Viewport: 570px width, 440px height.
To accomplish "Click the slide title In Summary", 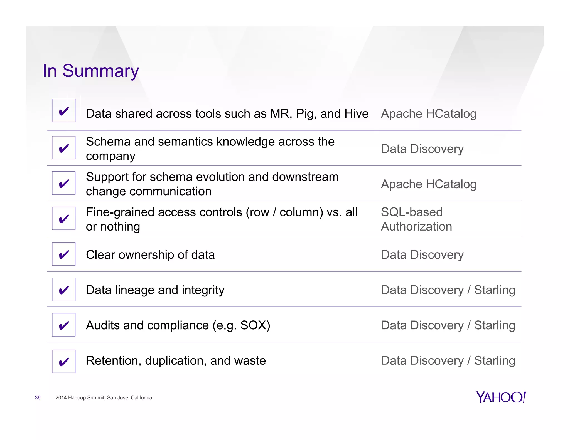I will click(x=90, y=71).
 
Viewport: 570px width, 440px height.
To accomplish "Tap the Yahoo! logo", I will click(x=501, y=397).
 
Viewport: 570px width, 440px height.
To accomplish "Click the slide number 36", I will click(x=38, y=398).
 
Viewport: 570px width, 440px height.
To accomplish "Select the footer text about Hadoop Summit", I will click(x=104, y=398).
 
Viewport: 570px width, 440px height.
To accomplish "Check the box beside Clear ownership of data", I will click(x=64, y=254).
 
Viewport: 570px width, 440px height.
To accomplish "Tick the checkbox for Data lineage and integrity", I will click(x=64, y=290).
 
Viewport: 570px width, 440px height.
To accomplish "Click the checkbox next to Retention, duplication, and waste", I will click(x=64, y=361).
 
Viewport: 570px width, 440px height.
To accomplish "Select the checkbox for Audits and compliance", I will click(x=64, y=325).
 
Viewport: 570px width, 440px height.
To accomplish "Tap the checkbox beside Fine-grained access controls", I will click(x=64, y=218).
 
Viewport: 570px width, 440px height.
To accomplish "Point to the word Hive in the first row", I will click(x=356, y=113).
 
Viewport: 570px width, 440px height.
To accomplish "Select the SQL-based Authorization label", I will click(x=416, y=219).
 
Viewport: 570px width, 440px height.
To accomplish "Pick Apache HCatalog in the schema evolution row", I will click(x=429, y=184).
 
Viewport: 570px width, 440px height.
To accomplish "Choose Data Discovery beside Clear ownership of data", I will click(x=422, y=255).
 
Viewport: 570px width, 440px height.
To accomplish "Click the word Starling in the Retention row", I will click(x=495, y=360).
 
